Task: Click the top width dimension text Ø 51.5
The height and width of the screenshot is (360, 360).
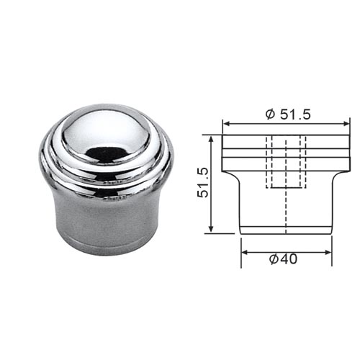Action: (x=288, y=114)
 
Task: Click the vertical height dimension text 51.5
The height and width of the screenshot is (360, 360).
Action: (x=203, y=183)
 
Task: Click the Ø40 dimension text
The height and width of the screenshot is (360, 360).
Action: (x=283, y=259)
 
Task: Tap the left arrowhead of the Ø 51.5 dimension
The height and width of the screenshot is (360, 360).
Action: (x=227, y=124)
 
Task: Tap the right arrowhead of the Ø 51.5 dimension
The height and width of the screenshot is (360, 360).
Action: (x=346, y=124)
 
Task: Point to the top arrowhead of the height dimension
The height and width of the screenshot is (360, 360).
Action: (x=211, y=140)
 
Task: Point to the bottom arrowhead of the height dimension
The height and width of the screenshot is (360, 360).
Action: (x=211, y=228)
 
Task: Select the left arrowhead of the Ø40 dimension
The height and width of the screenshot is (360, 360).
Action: (x=245, y=252)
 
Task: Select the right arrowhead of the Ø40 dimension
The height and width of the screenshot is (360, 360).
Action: (x=328, y=252)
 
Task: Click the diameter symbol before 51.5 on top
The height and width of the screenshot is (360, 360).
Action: (x=270, y=114)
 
